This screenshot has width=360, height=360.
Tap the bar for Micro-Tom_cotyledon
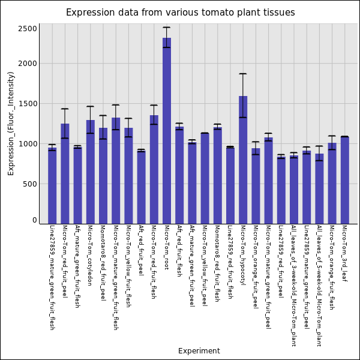(90, 172)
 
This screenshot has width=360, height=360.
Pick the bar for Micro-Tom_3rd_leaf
(345, 180)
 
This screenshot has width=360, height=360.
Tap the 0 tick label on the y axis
(35, 220)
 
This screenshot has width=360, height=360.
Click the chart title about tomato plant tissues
(180, 13)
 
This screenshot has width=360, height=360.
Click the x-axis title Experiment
(199, 351)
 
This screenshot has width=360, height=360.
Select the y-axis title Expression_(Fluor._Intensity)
(11, 123)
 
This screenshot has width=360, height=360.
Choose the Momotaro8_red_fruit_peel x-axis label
(103, 263)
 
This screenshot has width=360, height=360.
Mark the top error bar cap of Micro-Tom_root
(167, 27)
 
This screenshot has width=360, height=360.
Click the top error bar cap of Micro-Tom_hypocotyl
(243, 74)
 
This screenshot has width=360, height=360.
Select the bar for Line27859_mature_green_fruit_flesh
(52, 186)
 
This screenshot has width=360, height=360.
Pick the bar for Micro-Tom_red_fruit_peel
(65, 173)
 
